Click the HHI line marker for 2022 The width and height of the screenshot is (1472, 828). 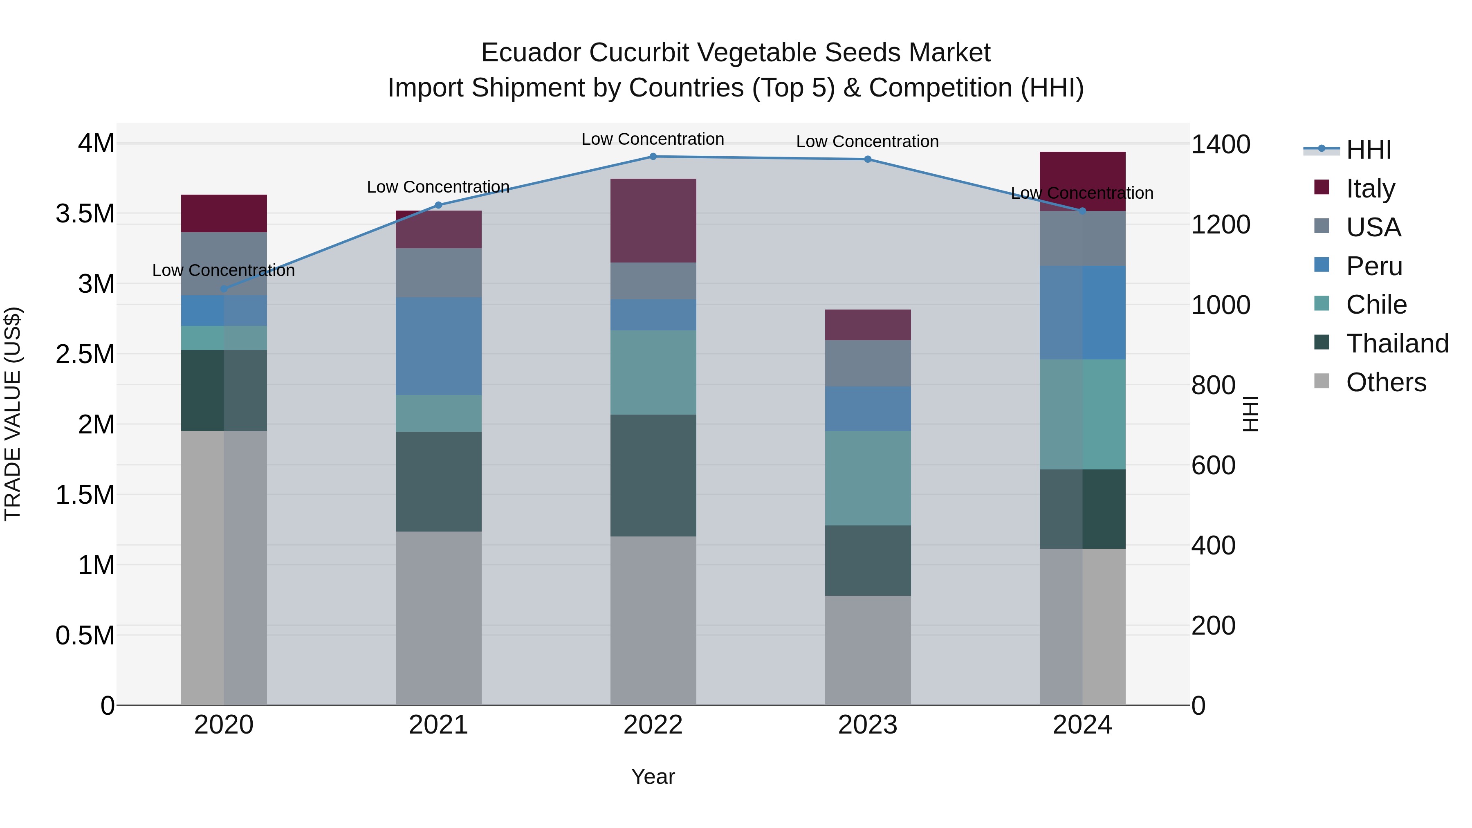pyautogui.click(x=653, y=157)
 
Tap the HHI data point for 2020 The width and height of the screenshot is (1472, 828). pyautogui.click(x=224, y=289)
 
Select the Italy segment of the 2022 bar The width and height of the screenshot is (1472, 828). pyautogui.click(x=653, y=220)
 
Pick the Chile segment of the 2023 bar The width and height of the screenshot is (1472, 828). pyautogui.click(x=867, y=478)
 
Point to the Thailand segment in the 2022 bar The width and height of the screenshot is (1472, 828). pyautogui.click(x=653, y=476)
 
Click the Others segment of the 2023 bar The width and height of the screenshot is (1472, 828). pyautogui.click(x=867, y=650)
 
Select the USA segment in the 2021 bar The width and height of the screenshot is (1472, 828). pyautogui.click(x=438, y=273)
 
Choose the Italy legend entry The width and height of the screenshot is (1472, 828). pyautogui.click(x=1370, y=188)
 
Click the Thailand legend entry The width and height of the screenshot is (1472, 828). pyautogui.click(x=1397, y=343)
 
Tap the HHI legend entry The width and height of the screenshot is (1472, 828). pyautogui.click(x=1369, y=150)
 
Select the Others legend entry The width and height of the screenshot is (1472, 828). pyautogui.click(x=1386, y=382)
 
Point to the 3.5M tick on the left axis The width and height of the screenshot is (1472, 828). pyautogui.click(x=85, y=214)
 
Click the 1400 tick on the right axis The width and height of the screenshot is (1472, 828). pyautogui.click(x=1221, y=145)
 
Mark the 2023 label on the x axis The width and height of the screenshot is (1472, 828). pyautogui.click(x=867, y=725)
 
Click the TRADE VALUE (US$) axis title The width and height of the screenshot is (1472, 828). pyautogui.click(x=13, y=414)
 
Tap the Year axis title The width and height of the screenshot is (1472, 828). pyautogui.click(x=653, y=776)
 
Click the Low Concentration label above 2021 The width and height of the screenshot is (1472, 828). pyautogui.click(x=438, y=187)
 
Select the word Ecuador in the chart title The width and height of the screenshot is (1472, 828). pyautogui.click(x=530, y=53)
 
